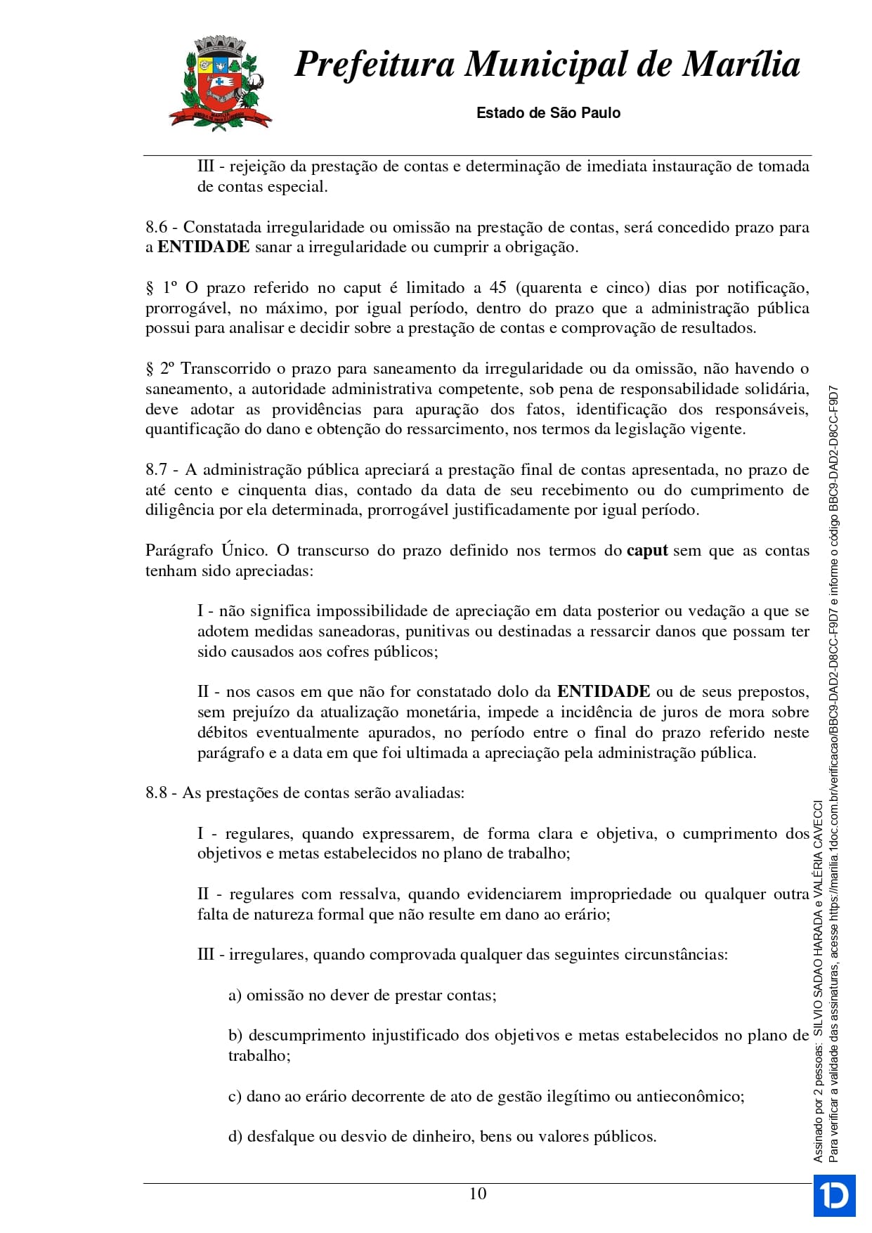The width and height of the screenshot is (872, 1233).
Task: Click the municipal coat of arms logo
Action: [220, 83]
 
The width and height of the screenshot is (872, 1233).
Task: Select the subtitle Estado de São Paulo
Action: [548, 112]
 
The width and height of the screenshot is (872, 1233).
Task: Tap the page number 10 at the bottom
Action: [478, 1193]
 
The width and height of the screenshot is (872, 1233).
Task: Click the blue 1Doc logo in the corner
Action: [834, 1194]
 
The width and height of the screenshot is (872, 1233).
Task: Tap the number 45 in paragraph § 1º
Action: [497, 287]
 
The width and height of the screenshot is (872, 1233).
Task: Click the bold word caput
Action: [646, 550]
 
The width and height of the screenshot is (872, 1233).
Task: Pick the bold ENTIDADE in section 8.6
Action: [204, 247]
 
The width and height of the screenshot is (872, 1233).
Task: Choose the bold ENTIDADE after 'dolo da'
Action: [604, 691]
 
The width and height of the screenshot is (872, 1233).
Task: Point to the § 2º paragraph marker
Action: [160, 368]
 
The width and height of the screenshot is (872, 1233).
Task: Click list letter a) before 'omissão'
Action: [235, 995]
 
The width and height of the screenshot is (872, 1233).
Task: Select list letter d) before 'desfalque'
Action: [235, 1136]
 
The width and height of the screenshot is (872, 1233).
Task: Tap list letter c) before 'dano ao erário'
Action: [235, 1096]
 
